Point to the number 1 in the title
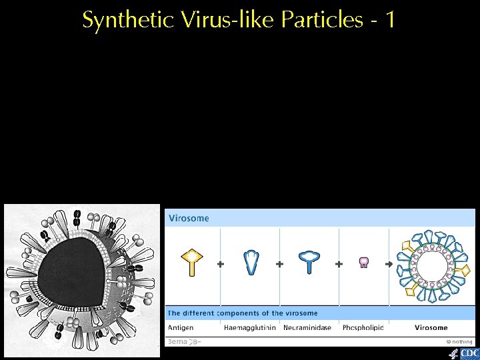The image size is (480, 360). pyautogui.click(x=389, y=20)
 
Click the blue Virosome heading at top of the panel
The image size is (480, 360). pyautogui.click(x=189, y=218)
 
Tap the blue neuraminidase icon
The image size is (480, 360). pyautogui.click(x=309, y=262)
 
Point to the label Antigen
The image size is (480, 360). pyautogui.click(x=181, y=328)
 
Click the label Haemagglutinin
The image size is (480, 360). pyautogui.click(x=250, y=328)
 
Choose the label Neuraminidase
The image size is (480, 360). pyautogui.click(x=309, y=328)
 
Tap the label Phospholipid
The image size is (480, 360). pyautogui.click(x=363, y=328)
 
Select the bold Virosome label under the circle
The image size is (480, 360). pyautogui.click(x=431, y=328)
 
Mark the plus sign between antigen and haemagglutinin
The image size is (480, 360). pyautogui.click(x=221, y=264)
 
